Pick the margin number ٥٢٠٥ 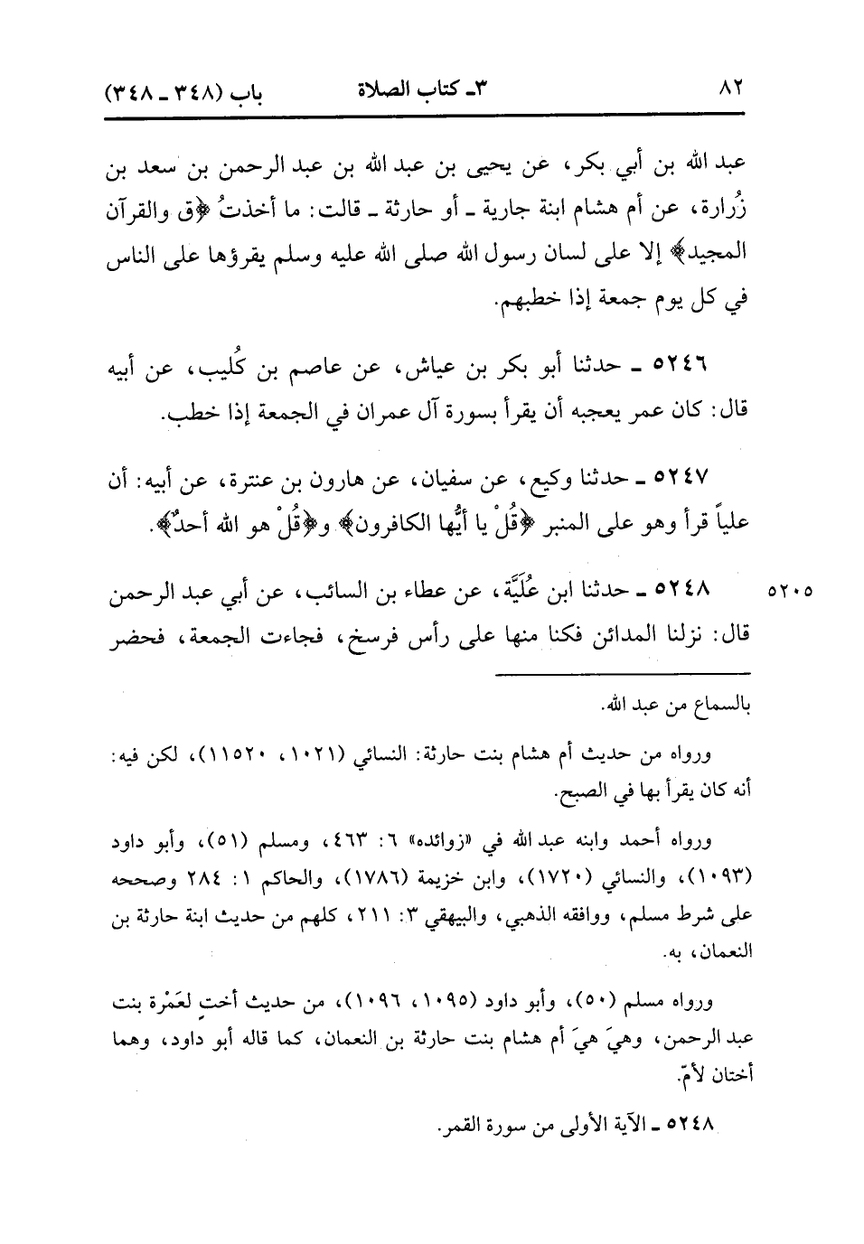click(x=792, y=594)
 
